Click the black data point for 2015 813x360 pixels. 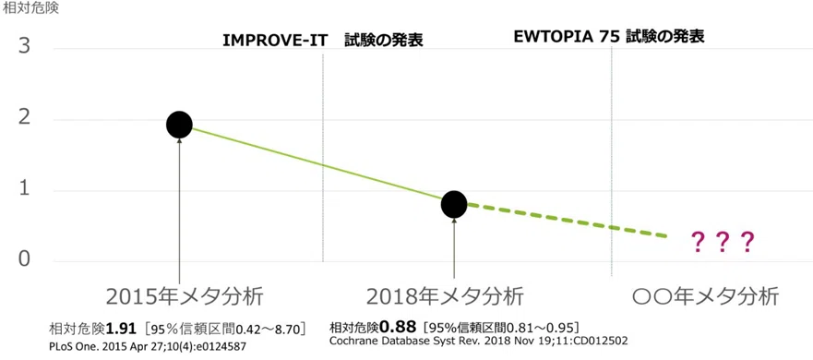coord(179,125)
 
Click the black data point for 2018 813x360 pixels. coord(454,204)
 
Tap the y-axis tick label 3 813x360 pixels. coord(24,49)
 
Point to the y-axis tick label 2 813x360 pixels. coord(24,120)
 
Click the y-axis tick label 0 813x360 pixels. coord(24,258)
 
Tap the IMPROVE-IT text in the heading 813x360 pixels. coord(275,41)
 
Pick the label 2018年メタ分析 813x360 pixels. coord(445,297)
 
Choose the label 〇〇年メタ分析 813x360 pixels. coord(706,297)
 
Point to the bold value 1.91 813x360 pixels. coord(122,329)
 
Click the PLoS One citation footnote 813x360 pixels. coord(147,345)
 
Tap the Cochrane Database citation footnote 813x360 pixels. coord(479,341)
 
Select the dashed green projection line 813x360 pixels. coord(567,221)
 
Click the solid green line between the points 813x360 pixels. coord(317,164)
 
